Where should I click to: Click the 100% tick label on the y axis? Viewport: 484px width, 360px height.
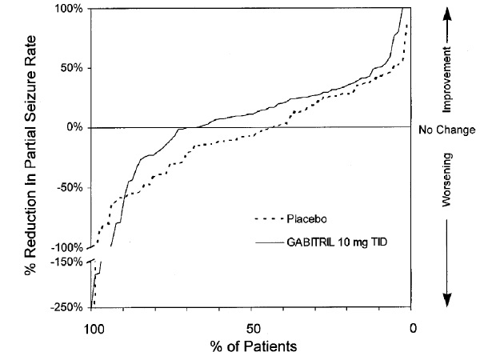(x=70, y=9)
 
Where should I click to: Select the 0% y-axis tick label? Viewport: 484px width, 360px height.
(x=76, y=127)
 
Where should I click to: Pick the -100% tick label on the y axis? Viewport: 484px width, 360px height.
(x=68, y=247)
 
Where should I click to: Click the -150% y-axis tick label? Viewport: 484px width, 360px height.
(x=68, y=262)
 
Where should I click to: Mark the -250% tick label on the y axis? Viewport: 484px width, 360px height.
(x=68, y=307)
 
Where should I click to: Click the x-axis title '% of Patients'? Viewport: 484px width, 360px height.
(x=252, y=346)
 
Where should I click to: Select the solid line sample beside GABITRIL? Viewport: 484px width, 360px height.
(x=269, y=241)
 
